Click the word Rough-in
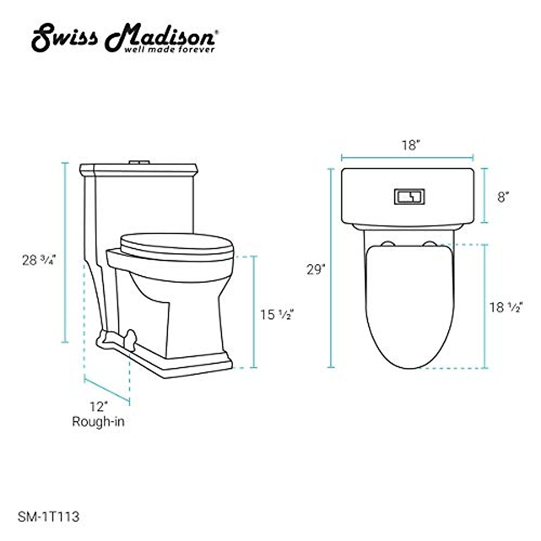(98, 422)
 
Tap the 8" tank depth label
(503, 197)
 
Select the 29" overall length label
(316, 270)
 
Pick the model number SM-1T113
(49, 517)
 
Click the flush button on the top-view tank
(409, 196)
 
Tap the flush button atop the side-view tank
(139, 162)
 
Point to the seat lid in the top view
(409, 302)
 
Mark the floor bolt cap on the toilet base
(131, 339)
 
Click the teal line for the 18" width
(408, 157)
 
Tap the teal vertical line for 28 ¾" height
(65, 252)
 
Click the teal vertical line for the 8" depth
(485, 195)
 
